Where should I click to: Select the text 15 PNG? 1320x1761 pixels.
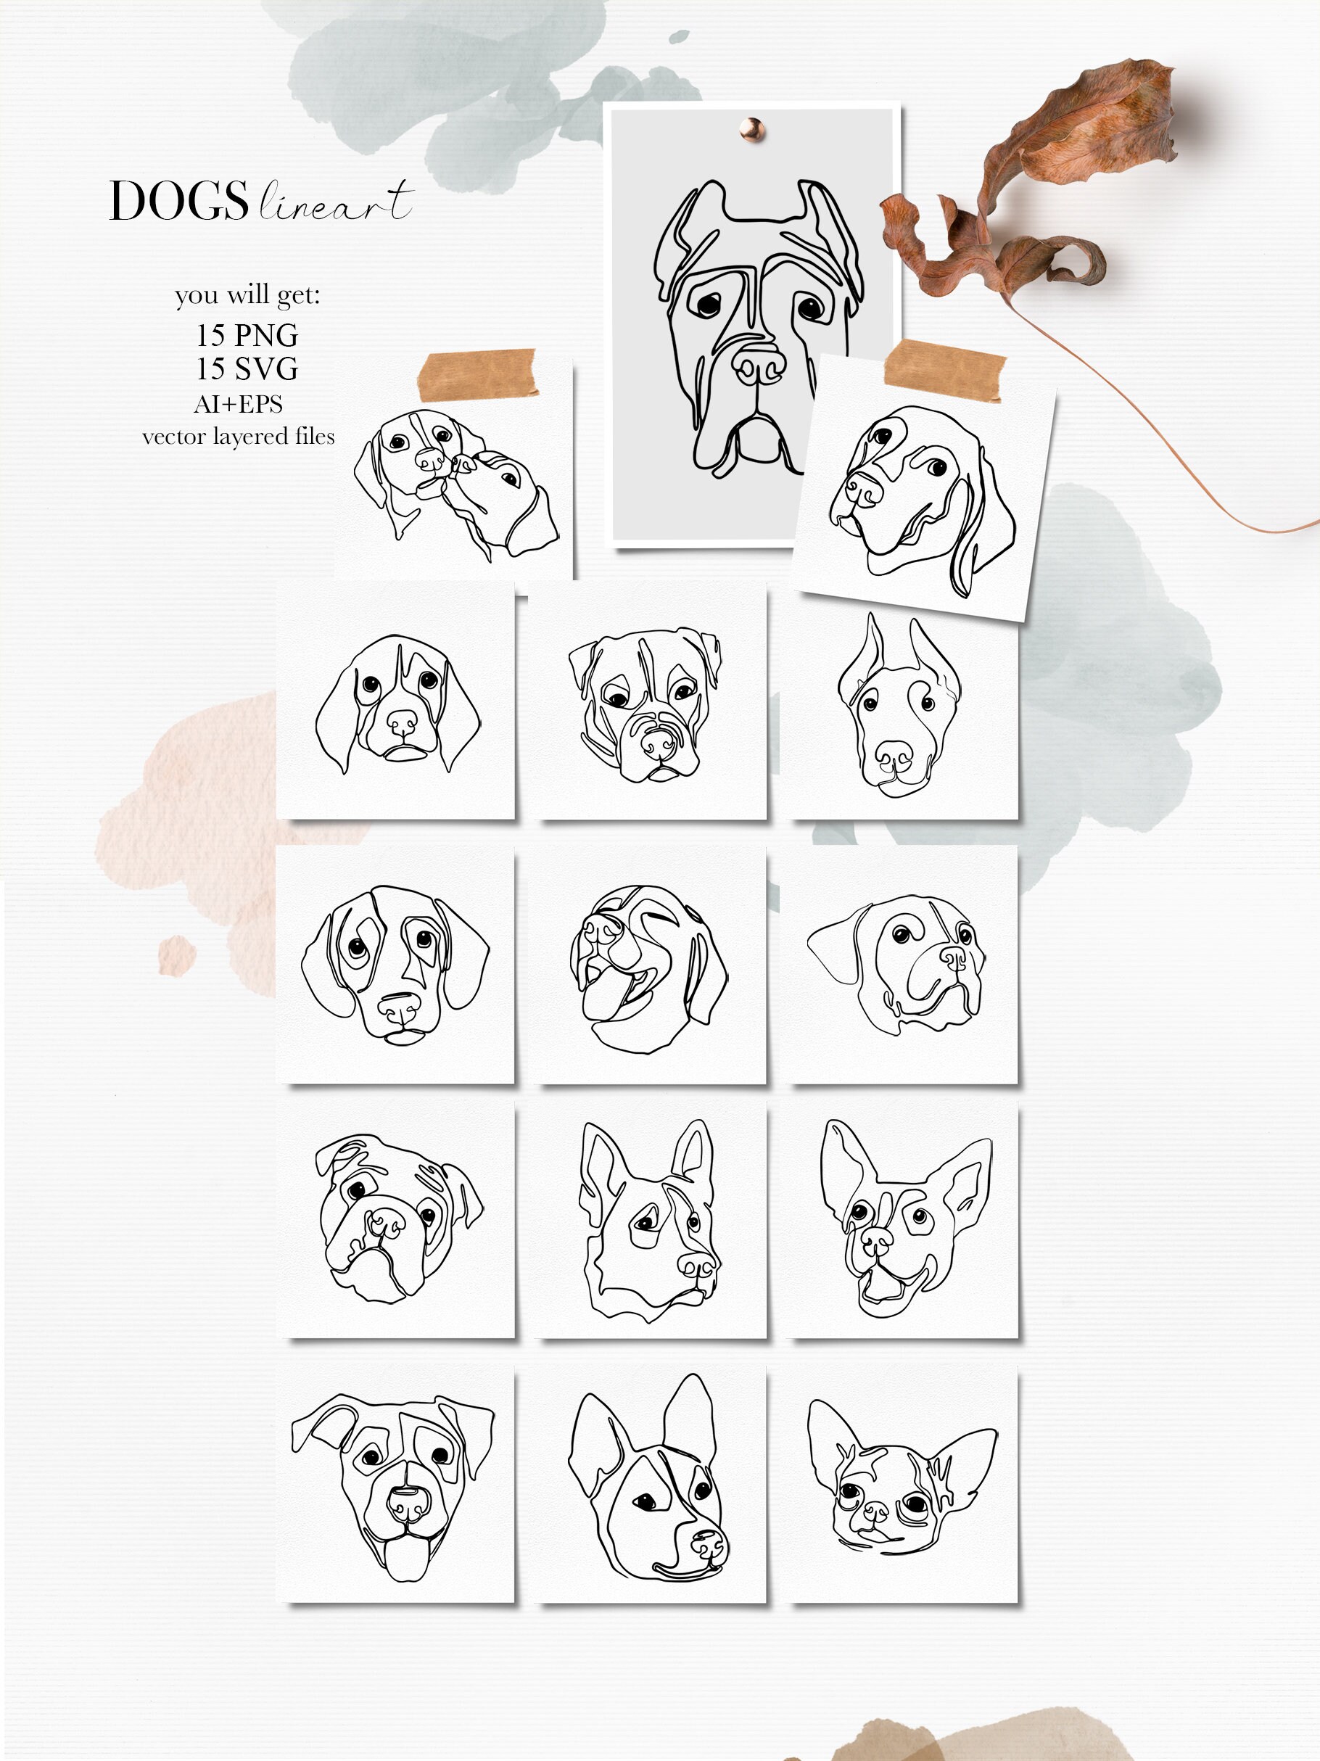(x=247, y=335)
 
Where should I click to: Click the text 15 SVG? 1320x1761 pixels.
(x=247, y=368)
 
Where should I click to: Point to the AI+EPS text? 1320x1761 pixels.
(x=238, y=405)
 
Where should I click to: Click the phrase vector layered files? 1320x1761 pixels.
(x=238, y=437)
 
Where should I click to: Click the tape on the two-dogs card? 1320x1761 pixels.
(x=477, y=374)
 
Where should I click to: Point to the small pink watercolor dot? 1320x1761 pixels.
(x=176, y=955)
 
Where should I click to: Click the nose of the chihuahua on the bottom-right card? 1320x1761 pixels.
(x=875, y=1510)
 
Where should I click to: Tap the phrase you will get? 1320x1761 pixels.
(x=247, y=295)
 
